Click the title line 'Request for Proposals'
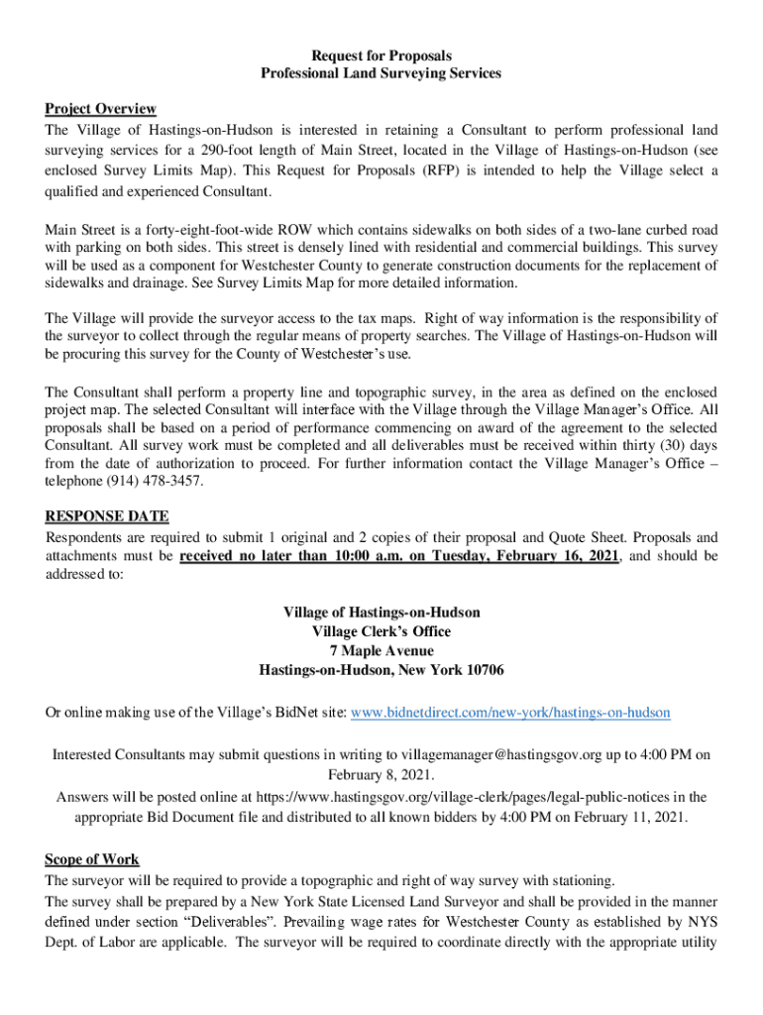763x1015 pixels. pos(381,56)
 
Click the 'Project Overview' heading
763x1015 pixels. pos(101,109)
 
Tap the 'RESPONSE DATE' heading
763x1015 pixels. pos(107,515)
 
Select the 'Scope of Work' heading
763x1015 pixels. pos(92,859)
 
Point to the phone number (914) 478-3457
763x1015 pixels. pos(151,480)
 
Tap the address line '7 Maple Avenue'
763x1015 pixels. pos(381,651)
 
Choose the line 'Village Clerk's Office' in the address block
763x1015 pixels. pos(381,631)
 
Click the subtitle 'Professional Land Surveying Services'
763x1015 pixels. pos(381,73)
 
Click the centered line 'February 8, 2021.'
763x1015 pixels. pos(381,774)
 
